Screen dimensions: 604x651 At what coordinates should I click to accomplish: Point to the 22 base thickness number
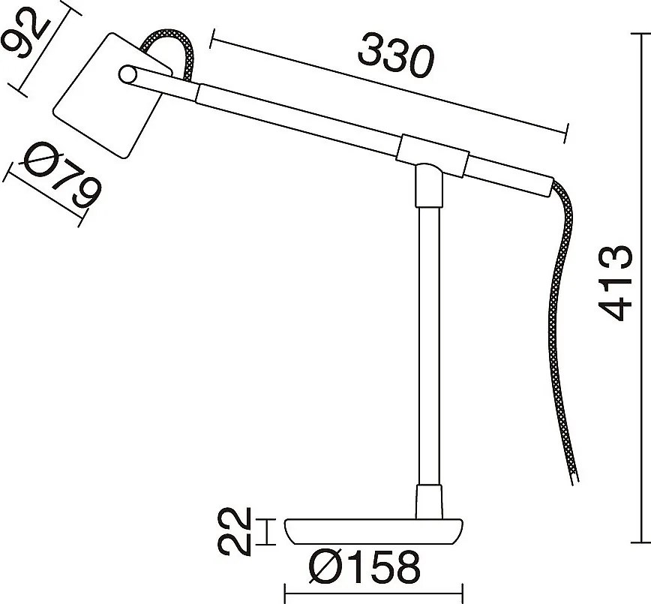(236, 531)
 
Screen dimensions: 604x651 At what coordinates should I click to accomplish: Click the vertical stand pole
(427, 345)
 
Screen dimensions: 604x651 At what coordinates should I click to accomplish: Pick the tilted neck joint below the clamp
(428, 184)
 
